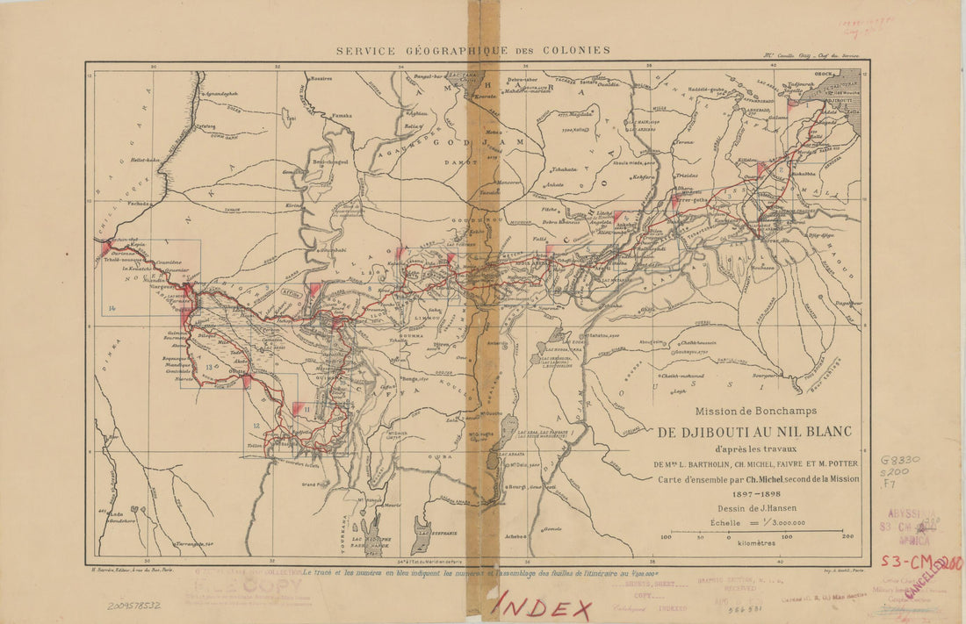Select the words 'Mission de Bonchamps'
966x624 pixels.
(x=756, y=411)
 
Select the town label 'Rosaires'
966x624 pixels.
(x=321, y=78)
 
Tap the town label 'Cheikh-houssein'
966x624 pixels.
(x=698, y=342)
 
